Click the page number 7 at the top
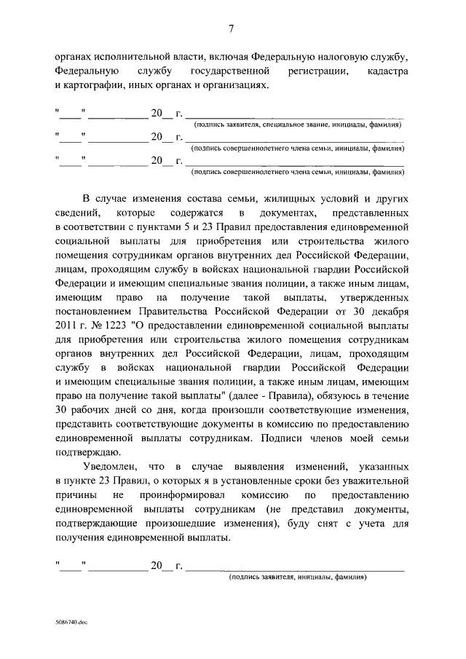(232, 29)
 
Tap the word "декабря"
(387, 309)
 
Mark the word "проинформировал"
(178, 496)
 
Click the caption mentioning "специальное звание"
(296, 125)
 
